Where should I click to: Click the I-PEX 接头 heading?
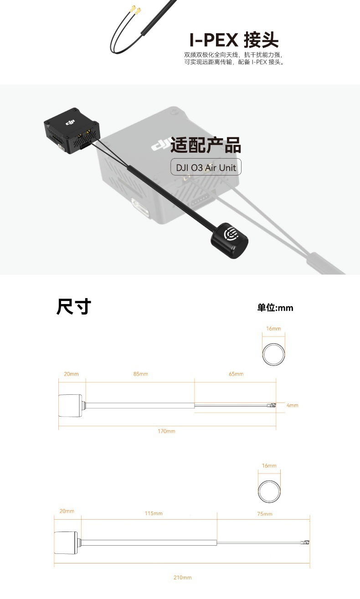pyautogui.click(x=234, y=40)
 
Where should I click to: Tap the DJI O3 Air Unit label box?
pyautogui.click(x=206, y=167)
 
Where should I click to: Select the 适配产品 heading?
pyautogui.click(x=206, y=145)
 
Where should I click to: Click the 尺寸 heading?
pyautogui.click(x=74, y=307)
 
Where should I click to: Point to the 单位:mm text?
pyautogui.click(x=275, y=308)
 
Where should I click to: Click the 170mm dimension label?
pyautogui.click(x=166, y=431)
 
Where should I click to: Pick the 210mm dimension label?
pyautogui.click(x=182, y=578)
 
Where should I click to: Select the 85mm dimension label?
pyautogui.click(x=140, y=374)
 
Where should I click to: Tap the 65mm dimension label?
pyautogui.click(x=236, y=374)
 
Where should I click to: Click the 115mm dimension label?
pyautogui.click(x=154, y=514)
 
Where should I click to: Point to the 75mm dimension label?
pyautogui.click(x=264, y=514)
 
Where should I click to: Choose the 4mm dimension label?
pyautogui.click(x=292, y=405)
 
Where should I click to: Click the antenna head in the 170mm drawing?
pyautogui.click(x=70, y=404)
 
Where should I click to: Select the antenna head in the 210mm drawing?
pyautogui.click(x=66, y=542)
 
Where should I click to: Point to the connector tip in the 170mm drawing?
pyautogui.click(x=273, y=405)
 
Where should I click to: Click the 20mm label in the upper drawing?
pyautogui.click(x=71, y=374)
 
